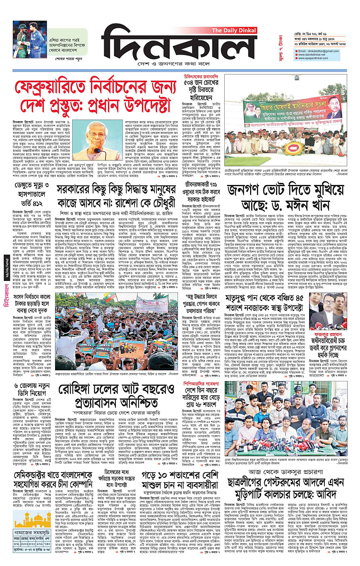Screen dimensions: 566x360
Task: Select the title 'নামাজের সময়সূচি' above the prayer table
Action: pyautogui.click(x=32, y=532)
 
